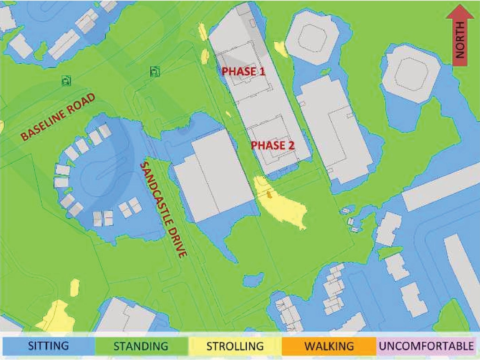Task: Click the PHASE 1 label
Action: click(x=243, y=71)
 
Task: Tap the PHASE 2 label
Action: click(x=273, y=145)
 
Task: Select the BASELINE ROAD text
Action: click(x=58, y=117)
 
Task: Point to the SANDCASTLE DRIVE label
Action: click(x=163, y=210)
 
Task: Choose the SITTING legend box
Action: click(x=48, y=346)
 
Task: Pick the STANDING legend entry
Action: click(x=141, y=346)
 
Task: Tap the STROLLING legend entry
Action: click(x=235, y=346)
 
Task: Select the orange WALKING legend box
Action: click(x=329, y=346)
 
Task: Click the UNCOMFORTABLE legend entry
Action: click(x=426, y=346)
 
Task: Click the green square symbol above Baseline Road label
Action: click(x=67, y=80)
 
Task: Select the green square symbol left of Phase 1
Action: click(x=155, y=71)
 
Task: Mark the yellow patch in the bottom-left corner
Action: click(x=56, y=317)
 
